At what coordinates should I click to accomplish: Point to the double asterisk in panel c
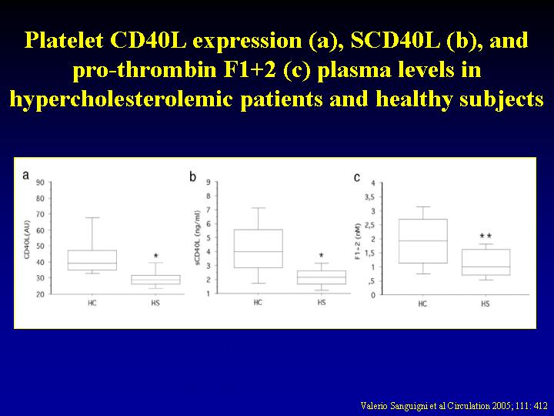click(x=486, y=236)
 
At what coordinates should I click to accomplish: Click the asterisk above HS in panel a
click(x=155, y=256)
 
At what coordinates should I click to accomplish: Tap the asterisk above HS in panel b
click(x=321, y=256)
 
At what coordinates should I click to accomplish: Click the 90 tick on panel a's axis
click(x=40, y=183)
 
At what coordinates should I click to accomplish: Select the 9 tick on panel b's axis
click(x=209, y=182)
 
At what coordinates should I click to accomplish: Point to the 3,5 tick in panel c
click(x=370, y=197)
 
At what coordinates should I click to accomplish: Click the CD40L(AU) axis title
click(x=28, y=239)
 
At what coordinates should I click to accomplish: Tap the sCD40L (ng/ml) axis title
click(x=198, y=237)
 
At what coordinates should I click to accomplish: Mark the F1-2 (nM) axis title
click(x=358, y=241)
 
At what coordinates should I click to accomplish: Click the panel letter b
click(x=192, y=176)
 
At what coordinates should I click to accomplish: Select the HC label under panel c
click(x=422, y=304)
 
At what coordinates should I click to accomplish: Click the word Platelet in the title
click(x=65, y=40)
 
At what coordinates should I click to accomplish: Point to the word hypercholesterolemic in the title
click(x=121, y=99)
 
